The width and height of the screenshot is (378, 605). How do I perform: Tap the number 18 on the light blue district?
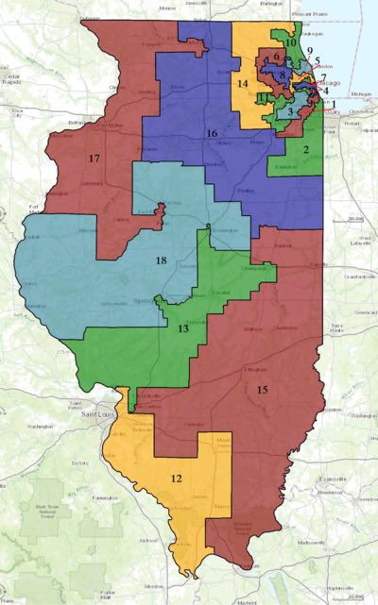pyautogui.click(x=162, y=260)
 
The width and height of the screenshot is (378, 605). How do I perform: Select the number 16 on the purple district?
pyautogui.click(x=213, y=134)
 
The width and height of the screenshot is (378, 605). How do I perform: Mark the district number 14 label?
pyautogui.click(x=243, y=84)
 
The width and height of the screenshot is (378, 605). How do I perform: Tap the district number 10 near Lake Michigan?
pyautogui.click(x=291, y=42)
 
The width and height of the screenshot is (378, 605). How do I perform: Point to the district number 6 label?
pyautogui.click(x=276, y=58)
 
